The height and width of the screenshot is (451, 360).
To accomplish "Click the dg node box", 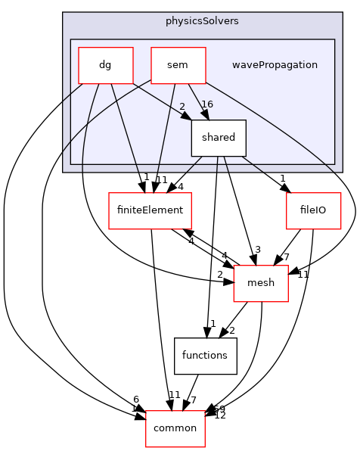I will tap(106, 65).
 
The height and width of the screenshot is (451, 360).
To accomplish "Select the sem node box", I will tap(178, 65).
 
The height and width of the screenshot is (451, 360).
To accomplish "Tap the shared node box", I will tap(219, 138).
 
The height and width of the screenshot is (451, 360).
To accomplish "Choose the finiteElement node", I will tap(151, 210).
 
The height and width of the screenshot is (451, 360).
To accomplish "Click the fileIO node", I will tap(313, 210).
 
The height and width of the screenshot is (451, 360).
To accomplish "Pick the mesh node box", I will tap(261, 283).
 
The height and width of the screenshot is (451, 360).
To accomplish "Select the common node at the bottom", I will tap(175, 428).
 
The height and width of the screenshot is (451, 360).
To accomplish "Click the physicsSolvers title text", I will tap(202, 20).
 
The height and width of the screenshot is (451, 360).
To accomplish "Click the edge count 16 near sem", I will tap(207, 104).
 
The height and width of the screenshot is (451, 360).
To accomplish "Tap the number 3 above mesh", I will tap(258, 250).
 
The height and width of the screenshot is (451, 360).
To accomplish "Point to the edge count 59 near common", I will tap(219, 409).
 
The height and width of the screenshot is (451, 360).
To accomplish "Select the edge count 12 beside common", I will tap(220, 415).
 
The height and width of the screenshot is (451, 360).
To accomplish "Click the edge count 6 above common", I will tap(135, 399).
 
